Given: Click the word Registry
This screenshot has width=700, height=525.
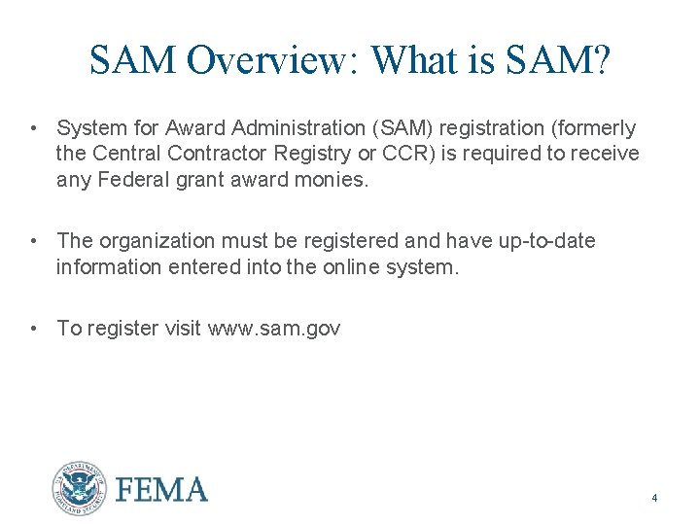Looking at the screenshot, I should tap(314, 154).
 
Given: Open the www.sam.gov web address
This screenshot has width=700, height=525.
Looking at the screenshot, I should tap(274, 329).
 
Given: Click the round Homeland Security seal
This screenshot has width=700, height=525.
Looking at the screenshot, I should tap(79, 488).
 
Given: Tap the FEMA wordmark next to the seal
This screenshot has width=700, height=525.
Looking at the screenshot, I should tap(161, 489).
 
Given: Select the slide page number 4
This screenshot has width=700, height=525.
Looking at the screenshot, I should tap(654, 499).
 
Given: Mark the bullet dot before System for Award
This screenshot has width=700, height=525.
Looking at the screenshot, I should tap(33, 128).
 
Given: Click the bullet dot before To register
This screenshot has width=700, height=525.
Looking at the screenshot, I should tap(33, 329).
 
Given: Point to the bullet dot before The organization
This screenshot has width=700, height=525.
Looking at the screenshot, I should tap(33, 240).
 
